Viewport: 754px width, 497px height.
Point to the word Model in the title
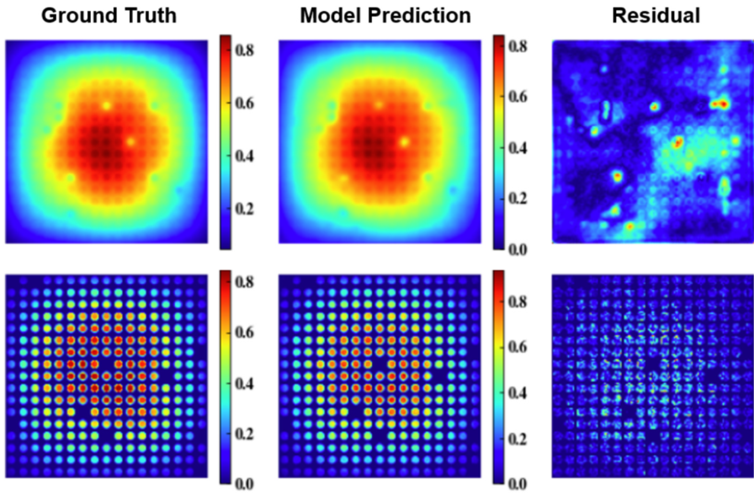[332, 15]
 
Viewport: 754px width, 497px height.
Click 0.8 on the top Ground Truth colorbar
[246, 51]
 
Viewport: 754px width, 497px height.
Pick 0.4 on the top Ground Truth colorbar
[246, 157]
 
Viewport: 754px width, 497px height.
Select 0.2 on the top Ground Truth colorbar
[246, 209]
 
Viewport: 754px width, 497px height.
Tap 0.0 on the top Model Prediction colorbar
[518, 249]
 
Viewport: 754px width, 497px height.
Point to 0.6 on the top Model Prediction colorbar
[518, 97]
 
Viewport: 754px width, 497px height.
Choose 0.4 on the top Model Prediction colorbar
[518, 147]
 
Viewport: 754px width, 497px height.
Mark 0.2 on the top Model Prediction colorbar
[518, 199]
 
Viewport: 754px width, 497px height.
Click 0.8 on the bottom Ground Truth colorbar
[246, 284]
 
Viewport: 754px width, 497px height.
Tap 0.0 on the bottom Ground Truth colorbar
[246, 484]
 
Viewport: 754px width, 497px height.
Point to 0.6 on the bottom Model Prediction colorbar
[518, 346]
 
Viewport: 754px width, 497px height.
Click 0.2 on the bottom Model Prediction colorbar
[518, 438]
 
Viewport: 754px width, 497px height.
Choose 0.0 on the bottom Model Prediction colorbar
[518, 484]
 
